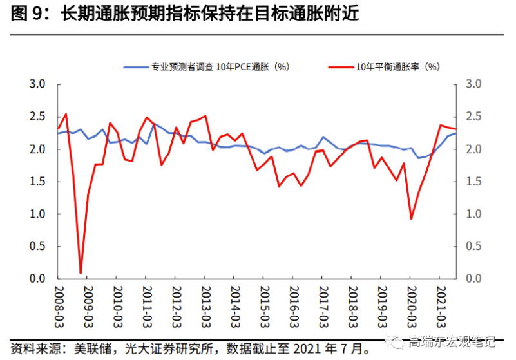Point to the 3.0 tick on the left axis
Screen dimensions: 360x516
click(37, 84)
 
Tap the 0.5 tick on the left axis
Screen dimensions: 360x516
click(37, 246)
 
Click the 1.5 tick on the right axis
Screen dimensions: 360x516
click(473, 182)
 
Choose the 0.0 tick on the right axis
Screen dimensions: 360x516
click(473, 279)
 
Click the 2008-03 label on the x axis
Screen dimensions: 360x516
click(58, 303)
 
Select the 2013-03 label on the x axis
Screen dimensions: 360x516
click(205, 303)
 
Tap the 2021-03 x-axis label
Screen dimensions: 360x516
click(441, 303)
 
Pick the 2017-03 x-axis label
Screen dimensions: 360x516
click(323, 303)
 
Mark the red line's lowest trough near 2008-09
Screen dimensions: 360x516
click(81, 273)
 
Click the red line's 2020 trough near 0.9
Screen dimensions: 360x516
click(411, 219)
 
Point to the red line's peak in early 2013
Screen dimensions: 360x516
click(205, 116)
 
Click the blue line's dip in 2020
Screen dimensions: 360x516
click(419, 158)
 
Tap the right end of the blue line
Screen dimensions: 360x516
click(456, 133)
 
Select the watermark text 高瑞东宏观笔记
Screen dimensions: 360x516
click(454, 341)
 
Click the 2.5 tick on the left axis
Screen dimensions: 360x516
click(37, 117)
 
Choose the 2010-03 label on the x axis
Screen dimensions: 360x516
click(117, 303)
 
